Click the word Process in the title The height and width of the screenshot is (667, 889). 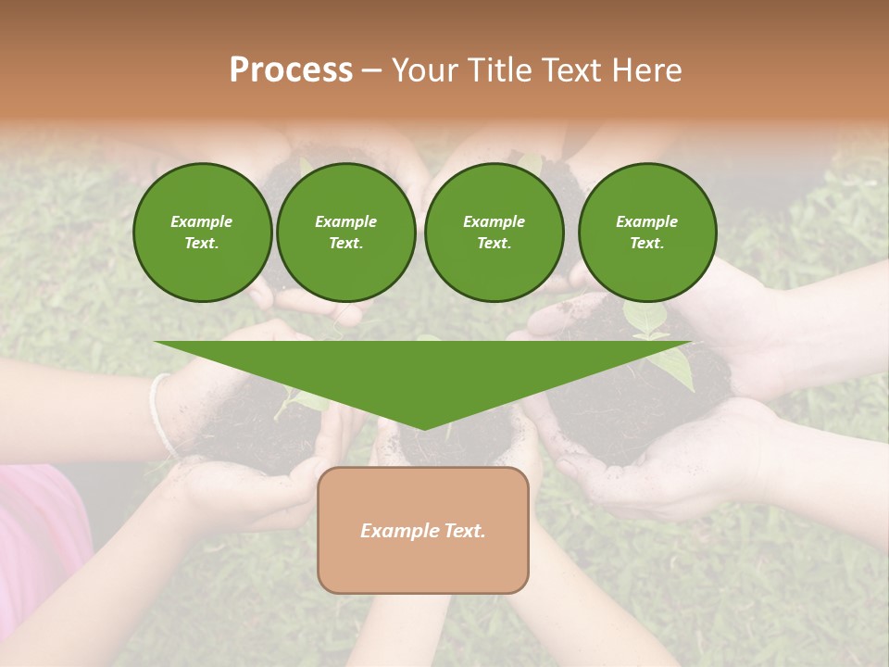coord(291,70)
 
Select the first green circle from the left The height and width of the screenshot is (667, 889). coord(202,232)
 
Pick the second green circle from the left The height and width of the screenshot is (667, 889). coord(345,232)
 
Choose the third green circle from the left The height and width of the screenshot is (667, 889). coord(494,232)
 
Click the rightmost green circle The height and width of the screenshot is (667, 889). coord(646,232)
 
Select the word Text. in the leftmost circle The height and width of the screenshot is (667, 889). coord(202,243)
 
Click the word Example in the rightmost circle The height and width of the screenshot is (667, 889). coord(646,221)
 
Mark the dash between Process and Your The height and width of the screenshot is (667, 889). coord(371,70)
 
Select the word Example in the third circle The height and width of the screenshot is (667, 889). coord(494,221)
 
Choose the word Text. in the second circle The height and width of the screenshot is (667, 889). coord(345,243)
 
